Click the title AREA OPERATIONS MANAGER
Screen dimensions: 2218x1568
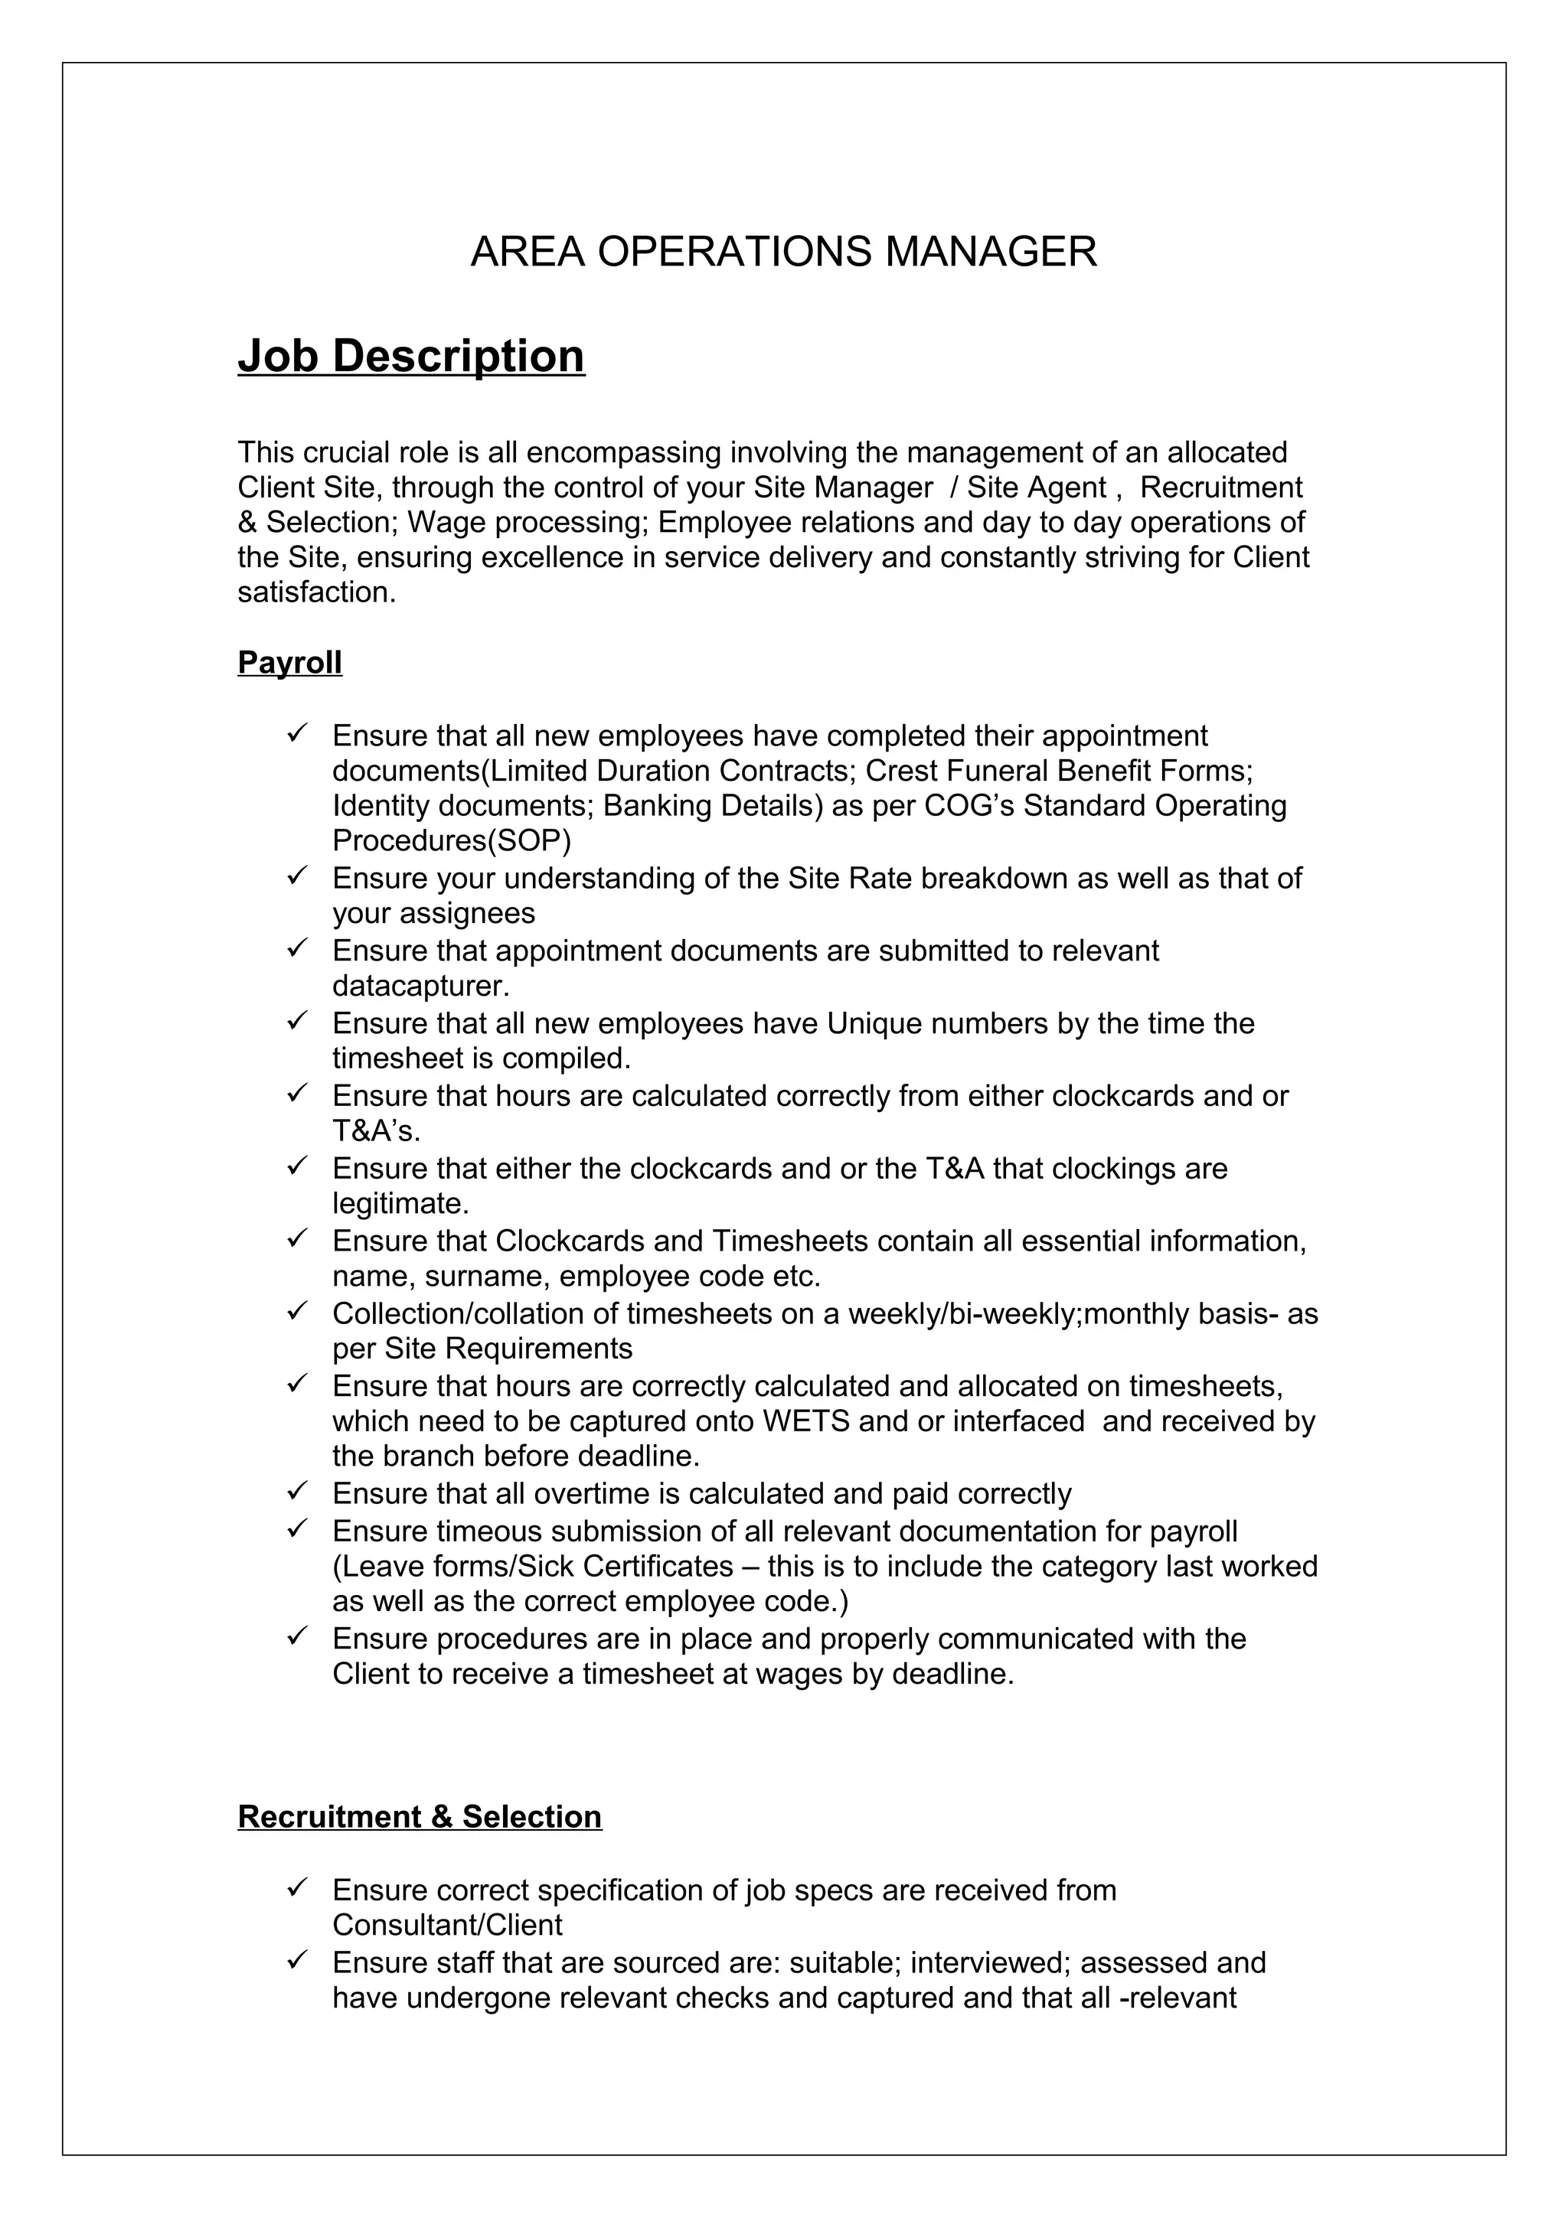click(783, 252)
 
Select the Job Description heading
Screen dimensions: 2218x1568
click(412, 357)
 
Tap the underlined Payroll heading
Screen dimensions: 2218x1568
click(290, 663)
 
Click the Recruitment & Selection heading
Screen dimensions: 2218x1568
click(420, 1816)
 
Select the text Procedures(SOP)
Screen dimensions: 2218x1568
click(451, 840)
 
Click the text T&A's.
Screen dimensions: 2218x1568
click(376, 1130)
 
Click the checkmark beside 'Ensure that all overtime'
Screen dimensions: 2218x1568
click(296, 1492)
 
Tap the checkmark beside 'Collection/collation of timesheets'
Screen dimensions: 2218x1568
click(296, 1312)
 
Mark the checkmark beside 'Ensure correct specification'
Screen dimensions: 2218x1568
click(296, 1887)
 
